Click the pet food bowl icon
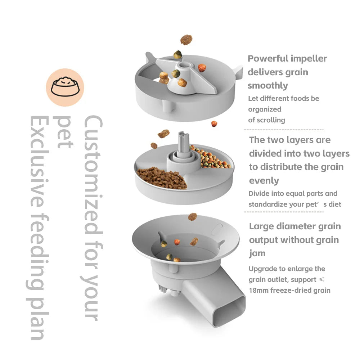point(65,87)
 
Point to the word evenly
point(264,181)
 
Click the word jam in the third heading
point(257,253)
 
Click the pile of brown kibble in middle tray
point(162,177)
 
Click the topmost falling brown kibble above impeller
point(186,40)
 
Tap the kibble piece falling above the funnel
point(193,217)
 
